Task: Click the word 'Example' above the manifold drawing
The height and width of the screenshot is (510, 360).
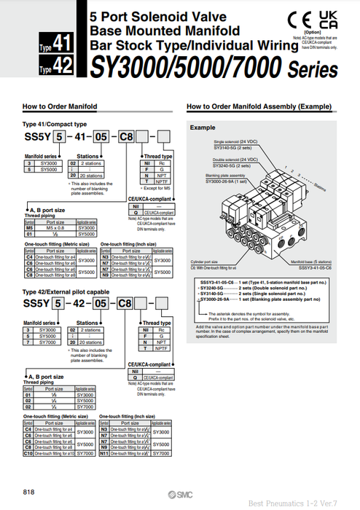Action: click(x=202, y=127)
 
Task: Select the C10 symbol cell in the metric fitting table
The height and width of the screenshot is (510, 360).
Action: click(x=28, y=453)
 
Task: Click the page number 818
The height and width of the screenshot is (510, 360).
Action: click(x=29, y=491)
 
